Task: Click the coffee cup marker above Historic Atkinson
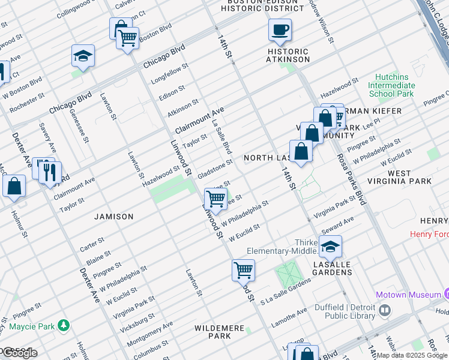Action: coord(280,30)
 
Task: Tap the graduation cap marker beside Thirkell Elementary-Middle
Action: coord(330,247)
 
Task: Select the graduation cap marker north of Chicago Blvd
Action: coord(83,57)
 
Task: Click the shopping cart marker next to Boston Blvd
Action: coord(127,39)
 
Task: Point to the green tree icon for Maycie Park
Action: coord(63,326)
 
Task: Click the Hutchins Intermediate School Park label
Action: coord(391,85)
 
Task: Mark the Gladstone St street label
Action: coord(215,166)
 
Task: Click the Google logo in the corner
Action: coord(19,353)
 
